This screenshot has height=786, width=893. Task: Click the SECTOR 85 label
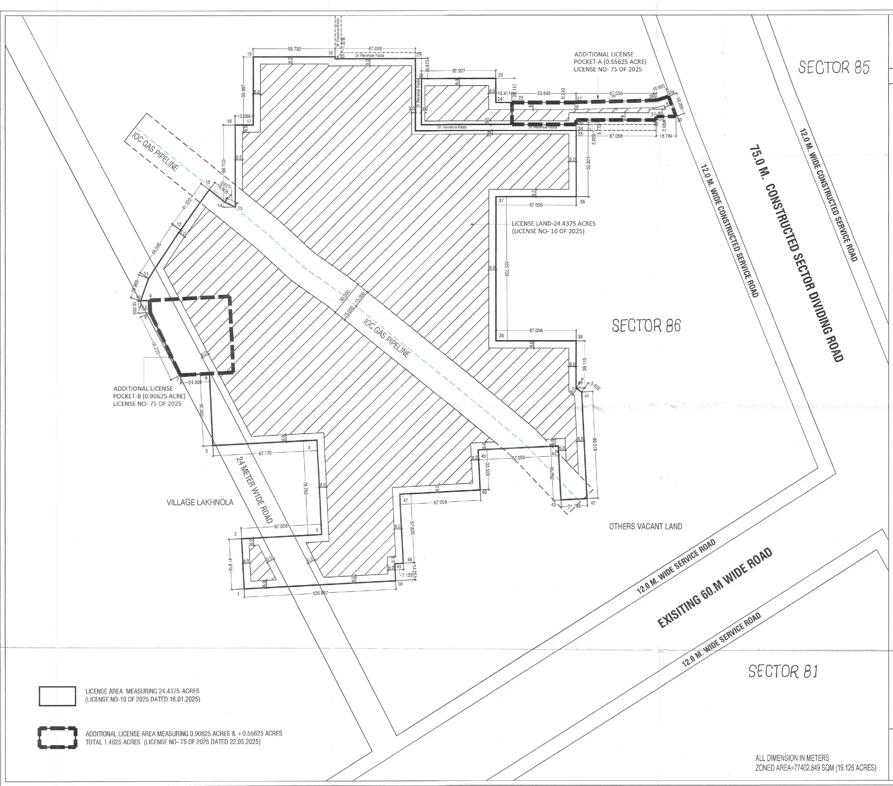[x=834, y=67]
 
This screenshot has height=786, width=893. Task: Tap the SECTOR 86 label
[x=646, y=326]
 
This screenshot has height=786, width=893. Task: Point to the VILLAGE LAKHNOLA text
[x=200, y=502]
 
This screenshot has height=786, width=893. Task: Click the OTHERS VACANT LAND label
[x=645, y=526]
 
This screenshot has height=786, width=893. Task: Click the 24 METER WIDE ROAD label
[x=254, y=490]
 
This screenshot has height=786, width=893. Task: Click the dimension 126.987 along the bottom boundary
[x=320, y=593]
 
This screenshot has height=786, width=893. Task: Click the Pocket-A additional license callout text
[x=610, y=62]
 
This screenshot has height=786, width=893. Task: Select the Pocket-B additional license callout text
[x=149, y=396]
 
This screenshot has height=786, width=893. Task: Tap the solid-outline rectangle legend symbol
[x=57, y=696]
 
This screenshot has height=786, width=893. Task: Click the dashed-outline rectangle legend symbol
[x=57, y=738]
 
